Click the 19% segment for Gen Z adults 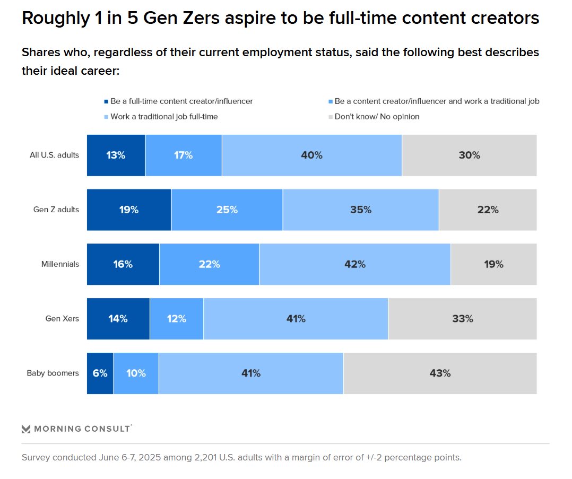pyautogui.click(x=128, y=210)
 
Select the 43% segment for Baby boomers pyautogui.click(x=440, y=373)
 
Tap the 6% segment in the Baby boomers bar pyautogui.click(x=100, y=373)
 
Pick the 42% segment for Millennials pyautogui.click(x=354, y=264)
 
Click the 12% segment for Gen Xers pyautogui.click(x=176, y=319)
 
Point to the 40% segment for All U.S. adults pyautogui.click(x=311, y=155)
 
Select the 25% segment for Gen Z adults pyautogui.click(x=227, y=210)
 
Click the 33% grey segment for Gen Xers pyautogui.click(x=462, y=319)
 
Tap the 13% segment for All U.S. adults pyautogui.click(x=116, y=155)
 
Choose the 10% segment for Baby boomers pyautogui.click(x=136, y=373)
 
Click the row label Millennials pyautogui.click(x=60, y=264)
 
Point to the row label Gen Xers pyautogui.click(x=62, y=319)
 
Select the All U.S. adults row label pyautogui.click(x=54, y=155)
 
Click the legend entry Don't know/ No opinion pyautogui.click(x=377, y=117)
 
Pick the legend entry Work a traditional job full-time pyautogui.click(x=164, y=117)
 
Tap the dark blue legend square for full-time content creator pyautogui.click(x=106, y=101)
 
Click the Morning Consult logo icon pyautogui.click(x=26, y=429)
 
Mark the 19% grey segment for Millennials pyautogui.click(x=493, y=264)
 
